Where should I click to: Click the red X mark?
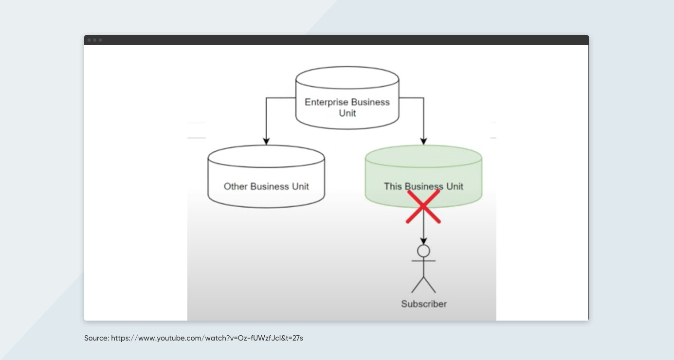point(423,207)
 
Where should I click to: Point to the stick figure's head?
point(423,251)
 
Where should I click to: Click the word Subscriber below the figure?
point(423,304)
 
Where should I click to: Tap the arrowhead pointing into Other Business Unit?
point(266,141)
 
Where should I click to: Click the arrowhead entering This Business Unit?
point(423,141)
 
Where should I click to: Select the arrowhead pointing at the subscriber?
point(423,241)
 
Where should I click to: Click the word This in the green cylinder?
point(393,186)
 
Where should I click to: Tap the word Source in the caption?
point(96,338)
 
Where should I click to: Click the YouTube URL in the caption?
point(207,338)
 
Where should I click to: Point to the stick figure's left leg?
point(417,285)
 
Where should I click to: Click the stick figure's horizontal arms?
point(423,261)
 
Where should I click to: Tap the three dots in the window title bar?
point(94,40)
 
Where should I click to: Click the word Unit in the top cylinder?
point(347,113)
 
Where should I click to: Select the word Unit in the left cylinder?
point(298,186)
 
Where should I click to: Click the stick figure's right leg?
point(430,285)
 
